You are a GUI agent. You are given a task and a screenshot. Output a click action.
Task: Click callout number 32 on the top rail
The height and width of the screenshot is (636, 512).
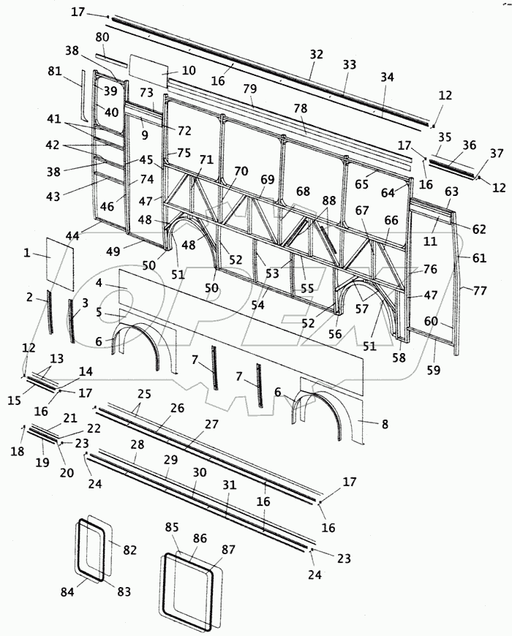(x=316, y=53)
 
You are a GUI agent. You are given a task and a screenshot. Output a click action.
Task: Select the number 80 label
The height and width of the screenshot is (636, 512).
(x=102, y=37)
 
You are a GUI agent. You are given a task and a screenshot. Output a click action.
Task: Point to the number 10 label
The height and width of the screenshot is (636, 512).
(x=189, y=71)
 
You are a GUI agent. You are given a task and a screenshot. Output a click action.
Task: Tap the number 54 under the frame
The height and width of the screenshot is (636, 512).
(x=258, y=304)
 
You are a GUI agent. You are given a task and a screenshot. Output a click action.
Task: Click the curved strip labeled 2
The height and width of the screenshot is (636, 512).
(x=50, y=313)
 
